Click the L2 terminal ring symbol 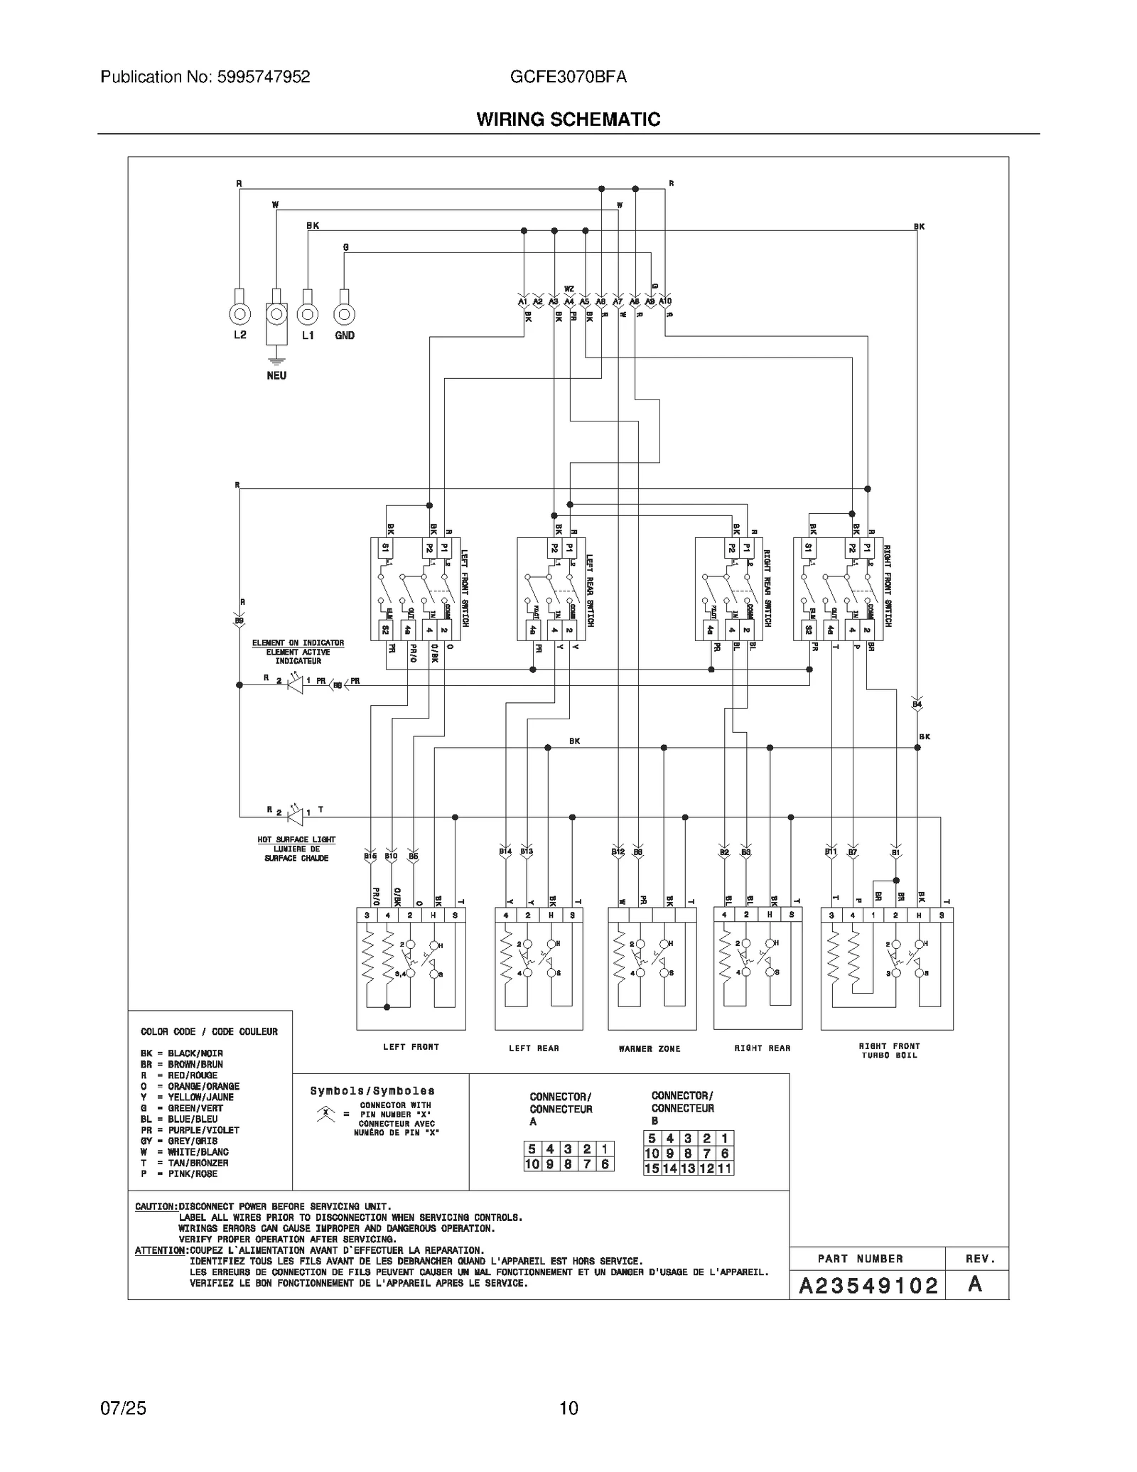(239, 313)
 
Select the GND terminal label (345, 335)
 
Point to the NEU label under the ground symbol (276, 375)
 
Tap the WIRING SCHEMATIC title (568, 119)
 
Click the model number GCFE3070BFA (568, 77)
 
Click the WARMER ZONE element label (650, 1048)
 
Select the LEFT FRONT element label (411, 1047)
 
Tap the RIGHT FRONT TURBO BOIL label (889, 1051)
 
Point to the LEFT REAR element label (534, 1048)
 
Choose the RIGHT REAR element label (762, 1048)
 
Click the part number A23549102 (868, 1285)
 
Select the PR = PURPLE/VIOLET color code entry (190, 1130)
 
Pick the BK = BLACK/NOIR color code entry (182, 1053)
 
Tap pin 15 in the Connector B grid (652, 1168)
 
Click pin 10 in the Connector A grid (532, 1164)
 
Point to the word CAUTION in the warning (155, 1206)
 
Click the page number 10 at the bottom (568, 1408)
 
